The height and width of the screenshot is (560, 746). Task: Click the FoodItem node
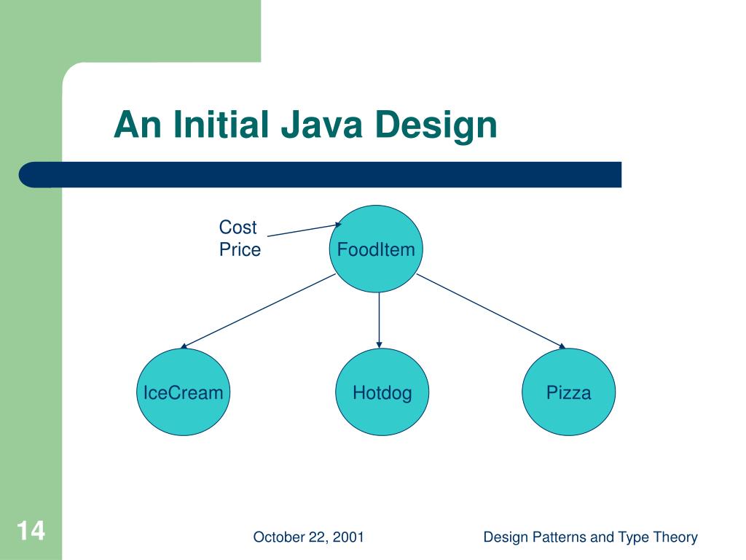[376, 249]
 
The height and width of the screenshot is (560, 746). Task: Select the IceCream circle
[183, 393]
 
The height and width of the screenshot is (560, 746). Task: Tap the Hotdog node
[382, 393]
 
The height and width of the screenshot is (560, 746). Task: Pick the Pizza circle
[569, 393]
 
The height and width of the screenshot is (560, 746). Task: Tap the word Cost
[237, 227]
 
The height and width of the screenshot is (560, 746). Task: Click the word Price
[240, 250]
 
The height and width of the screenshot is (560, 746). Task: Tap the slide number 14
[31, 530]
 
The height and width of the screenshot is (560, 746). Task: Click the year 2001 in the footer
[349, 538]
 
